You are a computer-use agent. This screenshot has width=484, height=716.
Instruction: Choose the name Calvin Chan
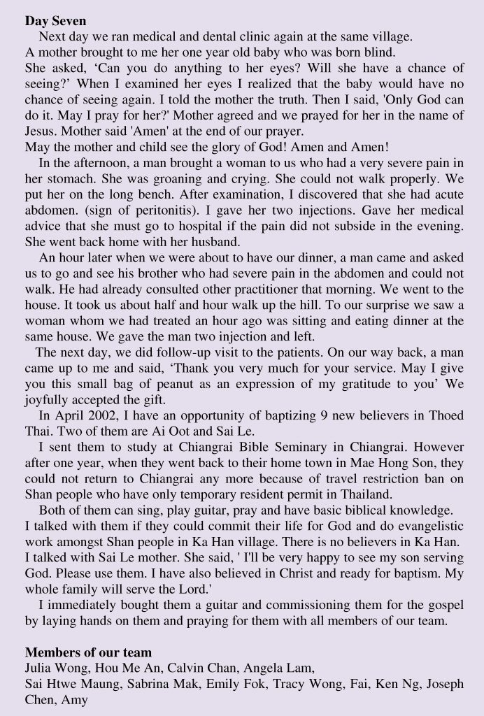[x=201, y=668]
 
